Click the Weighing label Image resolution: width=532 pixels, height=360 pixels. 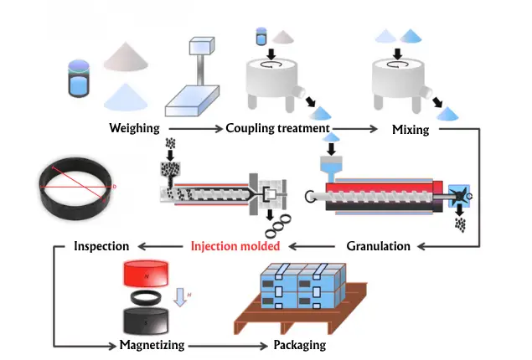[134, 129]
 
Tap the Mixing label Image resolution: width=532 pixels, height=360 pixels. [411, 130]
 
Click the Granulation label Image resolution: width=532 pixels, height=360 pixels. [378, 246]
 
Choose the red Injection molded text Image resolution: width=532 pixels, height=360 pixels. [234, 246]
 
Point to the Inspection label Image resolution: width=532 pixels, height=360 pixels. [101, 246]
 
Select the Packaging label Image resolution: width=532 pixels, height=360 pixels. [299, 345]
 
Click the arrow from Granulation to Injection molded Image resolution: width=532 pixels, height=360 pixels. [314, 246]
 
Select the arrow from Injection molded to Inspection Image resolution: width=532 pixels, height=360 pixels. [159, 246]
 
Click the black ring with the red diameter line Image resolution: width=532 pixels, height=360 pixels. [73, 188]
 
